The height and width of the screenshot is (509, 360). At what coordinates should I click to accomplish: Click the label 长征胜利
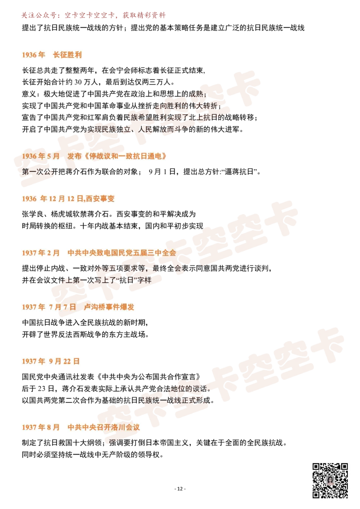[x=67, y=55]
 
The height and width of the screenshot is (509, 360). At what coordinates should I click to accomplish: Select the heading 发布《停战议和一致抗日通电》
[x=117, y=156]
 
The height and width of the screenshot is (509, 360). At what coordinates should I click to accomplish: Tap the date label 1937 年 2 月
[x=40, y=253]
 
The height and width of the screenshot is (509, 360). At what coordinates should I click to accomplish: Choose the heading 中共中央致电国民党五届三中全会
[x=121, y=253]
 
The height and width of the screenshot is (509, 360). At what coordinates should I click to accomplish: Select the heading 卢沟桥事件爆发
[x=109, y=307]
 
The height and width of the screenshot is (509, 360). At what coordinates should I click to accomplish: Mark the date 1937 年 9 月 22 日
[x=50, y=361]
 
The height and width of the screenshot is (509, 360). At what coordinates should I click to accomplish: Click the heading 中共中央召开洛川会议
[x=103, y=427]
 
